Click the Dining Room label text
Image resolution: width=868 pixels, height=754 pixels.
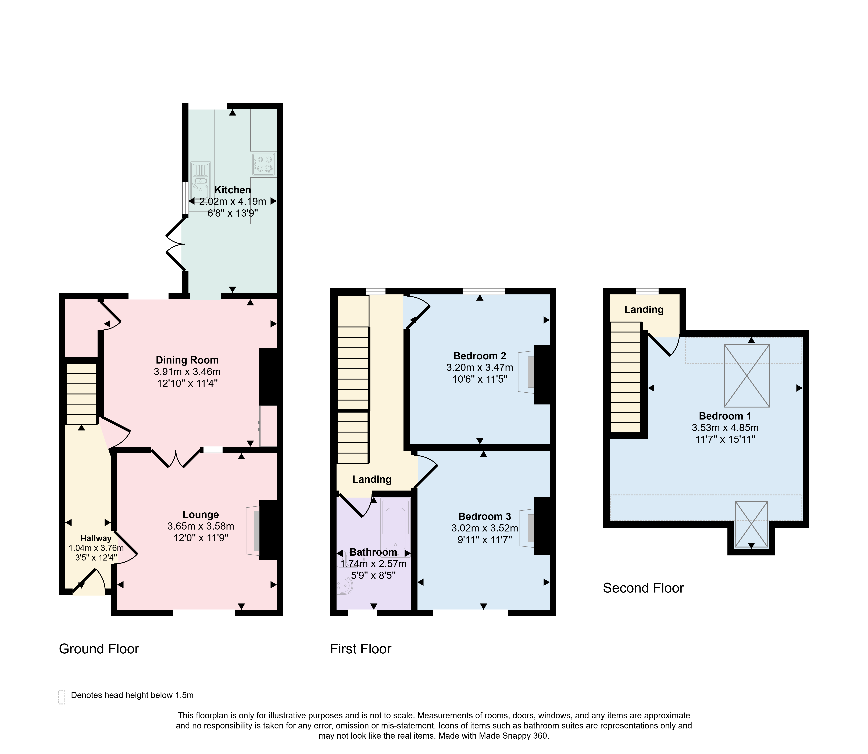click(187, 360)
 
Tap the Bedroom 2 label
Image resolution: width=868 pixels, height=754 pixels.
click(480, 356)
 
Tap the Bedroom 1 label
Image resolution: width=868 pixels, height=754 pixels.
click(725, 416)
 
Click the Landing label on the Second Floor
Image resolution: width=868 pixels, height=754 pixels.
click(644, 310)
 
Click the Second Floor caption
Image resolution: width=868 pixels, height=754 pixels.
click(643, 588)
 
